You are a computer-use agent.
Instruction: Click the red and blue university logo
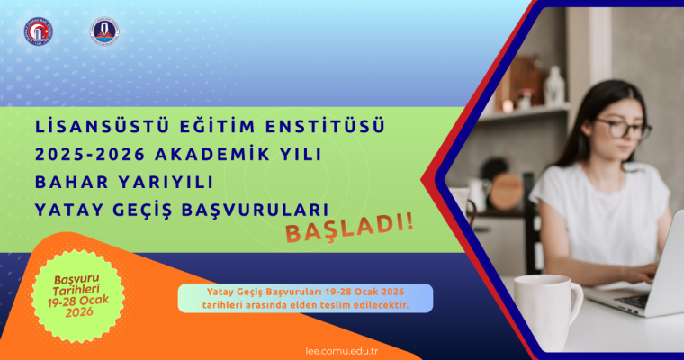(38, 30)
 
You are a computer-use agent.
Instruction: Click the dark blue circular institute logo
(104, 30)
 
